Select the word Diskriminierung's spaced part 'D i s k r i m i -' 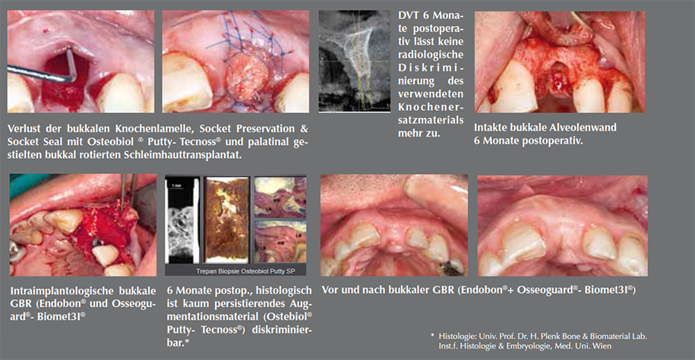(x=431, y=68)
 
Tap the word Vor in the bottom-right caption (x=330, y=290)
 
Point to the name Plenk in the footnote (x=543, y=336)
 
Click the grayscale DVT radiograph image (x=354, y=61)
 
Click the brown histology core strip (x=227, y=220)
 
